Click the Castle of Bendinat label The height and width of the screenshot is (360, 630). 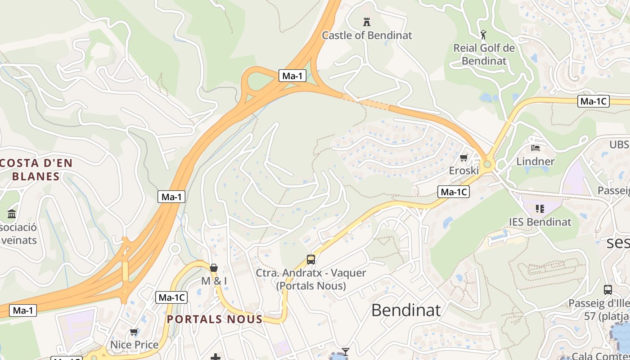[367, 35]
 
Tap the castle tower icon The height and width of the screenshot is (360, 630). [367, 21]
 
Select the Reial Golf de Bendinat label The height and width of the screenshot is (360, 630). [484, 54]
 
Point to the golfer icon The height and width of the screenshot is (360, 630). [483, 34]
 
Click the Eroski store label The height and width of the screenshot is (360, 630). [464, 171]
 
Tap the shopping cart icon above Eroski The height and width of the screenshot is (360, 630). [464, 157]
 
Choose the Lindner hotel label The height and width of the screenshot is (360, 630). [535, 161]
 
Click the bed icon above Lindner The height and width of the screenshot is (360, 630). [535, 147]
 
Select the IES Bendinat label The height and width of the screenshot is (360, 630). [540, 222]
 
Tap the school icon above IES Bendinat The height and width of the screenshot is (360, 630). [540, 208]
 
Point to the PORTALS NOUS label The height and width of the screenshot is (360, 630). [215, 319]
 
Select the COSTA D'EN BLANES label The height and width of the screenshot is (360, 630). [36, 170]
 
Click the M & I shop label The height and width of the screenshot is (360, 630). [214, 281]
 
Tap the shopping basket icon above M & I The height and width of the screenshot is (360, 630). [214, 268]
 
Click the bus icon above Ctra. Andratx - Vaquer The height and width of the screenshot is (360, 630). [311, 259]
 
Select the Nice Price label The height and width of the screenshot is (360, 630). [135, 345]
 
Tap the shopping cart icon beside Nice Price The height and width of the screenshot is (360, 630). [134, 332]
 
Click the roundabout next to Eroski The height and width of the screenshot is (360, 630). [486, 164]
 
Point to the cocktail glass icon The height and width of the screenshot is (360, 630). [346, 351]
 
